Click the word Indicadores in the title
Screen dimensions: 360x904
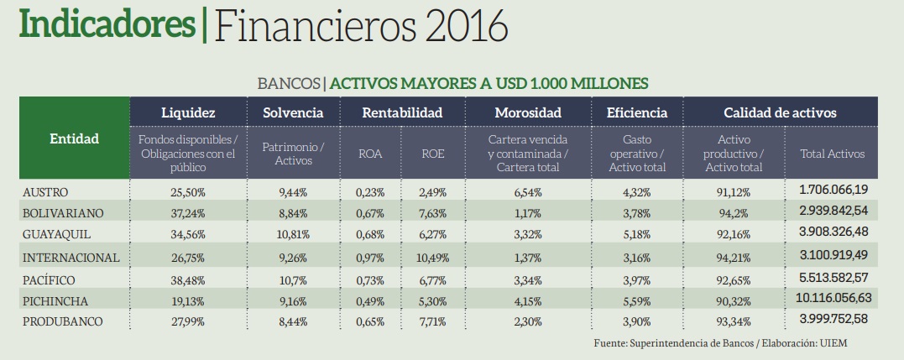pos(106,26)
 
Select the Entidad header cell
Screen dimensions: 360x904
pos(74,138)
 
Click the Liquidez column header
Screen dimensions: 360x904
pos(188,112)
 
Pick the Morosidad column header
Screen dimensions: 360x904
pos(528,112)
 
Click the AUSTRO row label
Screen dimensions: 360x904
pos(45,192)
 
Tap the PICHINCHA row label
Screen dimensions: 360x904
pos(55,300)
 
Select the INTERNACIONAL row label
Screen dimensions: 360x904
pos(71,257)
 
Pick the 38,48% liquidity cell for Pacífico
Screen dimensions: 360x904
pos(188,279)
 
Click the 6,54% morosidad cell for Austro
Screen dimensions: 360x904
pos(528,192)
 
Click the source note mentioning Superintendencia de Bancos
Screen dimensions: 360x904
pos(725,343)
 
